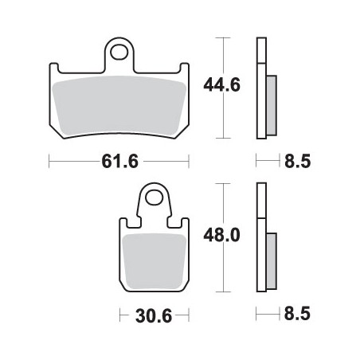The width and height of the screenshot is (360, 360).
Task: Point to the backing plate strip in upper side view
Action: click(x=260, y=88)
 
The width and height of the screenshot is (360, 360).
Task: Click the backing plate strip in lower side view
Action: click(x=260, y=239)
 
